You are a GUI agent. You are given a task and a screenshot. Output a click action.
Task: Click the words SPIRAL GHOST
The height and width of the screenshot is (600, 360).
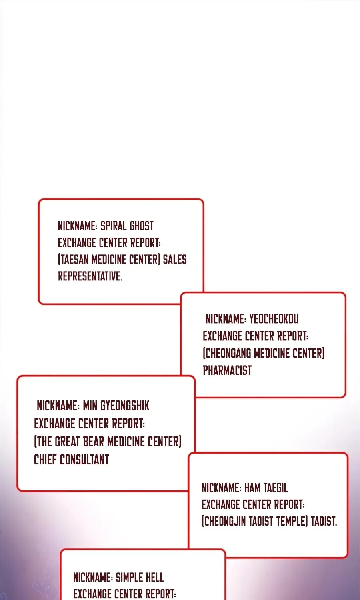point(127,226)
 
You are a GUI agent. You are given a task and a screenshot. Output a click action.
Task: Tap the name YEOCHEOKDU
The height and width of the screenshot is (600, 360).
point(274,319)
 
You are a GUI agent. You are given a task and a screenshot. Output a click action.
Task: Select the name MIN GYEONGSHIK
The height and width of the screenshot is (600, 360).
point(116,406)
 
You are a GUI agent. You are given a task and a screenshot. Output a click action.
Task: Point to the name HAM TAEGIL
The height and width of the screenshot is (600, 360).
point(266,488)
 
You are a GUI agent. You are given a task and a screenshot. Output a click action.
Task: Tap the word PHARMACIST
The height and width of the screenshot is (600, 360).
point(227,370)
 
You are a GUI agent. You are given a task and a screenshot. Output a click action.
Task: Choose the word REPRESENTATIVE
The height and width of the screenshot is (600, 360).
point(90,276)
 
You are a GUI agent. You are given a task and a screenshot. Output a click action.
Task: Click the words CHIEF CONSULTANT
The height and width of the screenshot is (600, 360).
point(72,460)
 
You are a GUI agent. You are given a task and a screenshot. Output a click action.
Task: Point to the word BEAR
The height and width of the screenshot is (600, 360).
point(94,442)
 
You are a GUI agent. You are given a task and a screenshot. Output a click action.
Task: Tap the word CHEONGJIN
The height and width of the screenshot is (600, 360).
point(225,521)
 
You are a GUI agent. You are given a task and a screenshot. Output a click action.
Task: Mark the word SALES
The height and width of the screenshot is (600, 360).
point(175,259)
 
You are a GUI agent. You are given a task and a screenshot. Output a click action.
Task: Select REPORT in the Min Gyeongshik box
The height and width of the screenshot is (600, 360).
point(128,424)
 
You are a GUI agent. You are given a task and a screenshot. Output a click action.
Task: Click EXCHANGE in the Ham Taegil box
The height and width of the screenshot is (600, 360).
point(221,504)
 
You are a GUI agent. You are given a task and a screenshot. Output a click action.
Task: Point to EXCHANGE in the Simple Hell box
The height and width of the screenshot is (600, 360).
point(92,594)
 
